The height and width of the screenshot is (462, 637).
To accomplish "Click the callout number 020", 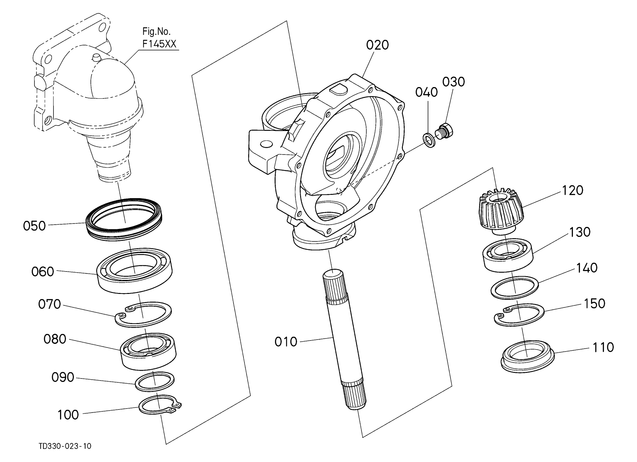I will [x=377, y=45].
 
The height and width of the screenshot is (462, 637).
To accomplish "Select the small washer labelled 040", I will [x=430, y=140].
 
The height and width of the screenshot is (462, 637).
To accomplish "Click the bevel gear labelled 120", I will [x=501, y=211].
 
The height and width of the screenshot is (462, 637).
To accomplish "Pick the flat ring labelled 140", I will [x=514, y=287].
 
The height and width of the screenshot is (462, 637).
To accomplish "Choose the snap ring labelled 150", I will [x=519, y=315].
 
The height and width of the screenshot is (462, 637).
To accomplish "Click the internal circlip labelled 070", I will [x=143, y=314].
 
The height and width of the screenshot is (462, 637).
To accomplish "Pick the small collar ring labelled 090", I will [x=155, y=381].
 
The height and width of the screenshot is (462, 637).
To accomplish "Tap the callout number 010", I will [x=286, y=342].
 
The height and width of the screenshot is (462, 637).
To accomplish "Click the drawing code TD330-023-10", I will [x=65, y=446].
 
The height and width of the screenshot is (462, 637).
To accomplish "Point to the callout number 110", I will [x=603, y=347].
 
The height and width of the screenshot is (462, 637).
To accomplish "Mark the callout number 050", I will [x=34, y=226].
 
